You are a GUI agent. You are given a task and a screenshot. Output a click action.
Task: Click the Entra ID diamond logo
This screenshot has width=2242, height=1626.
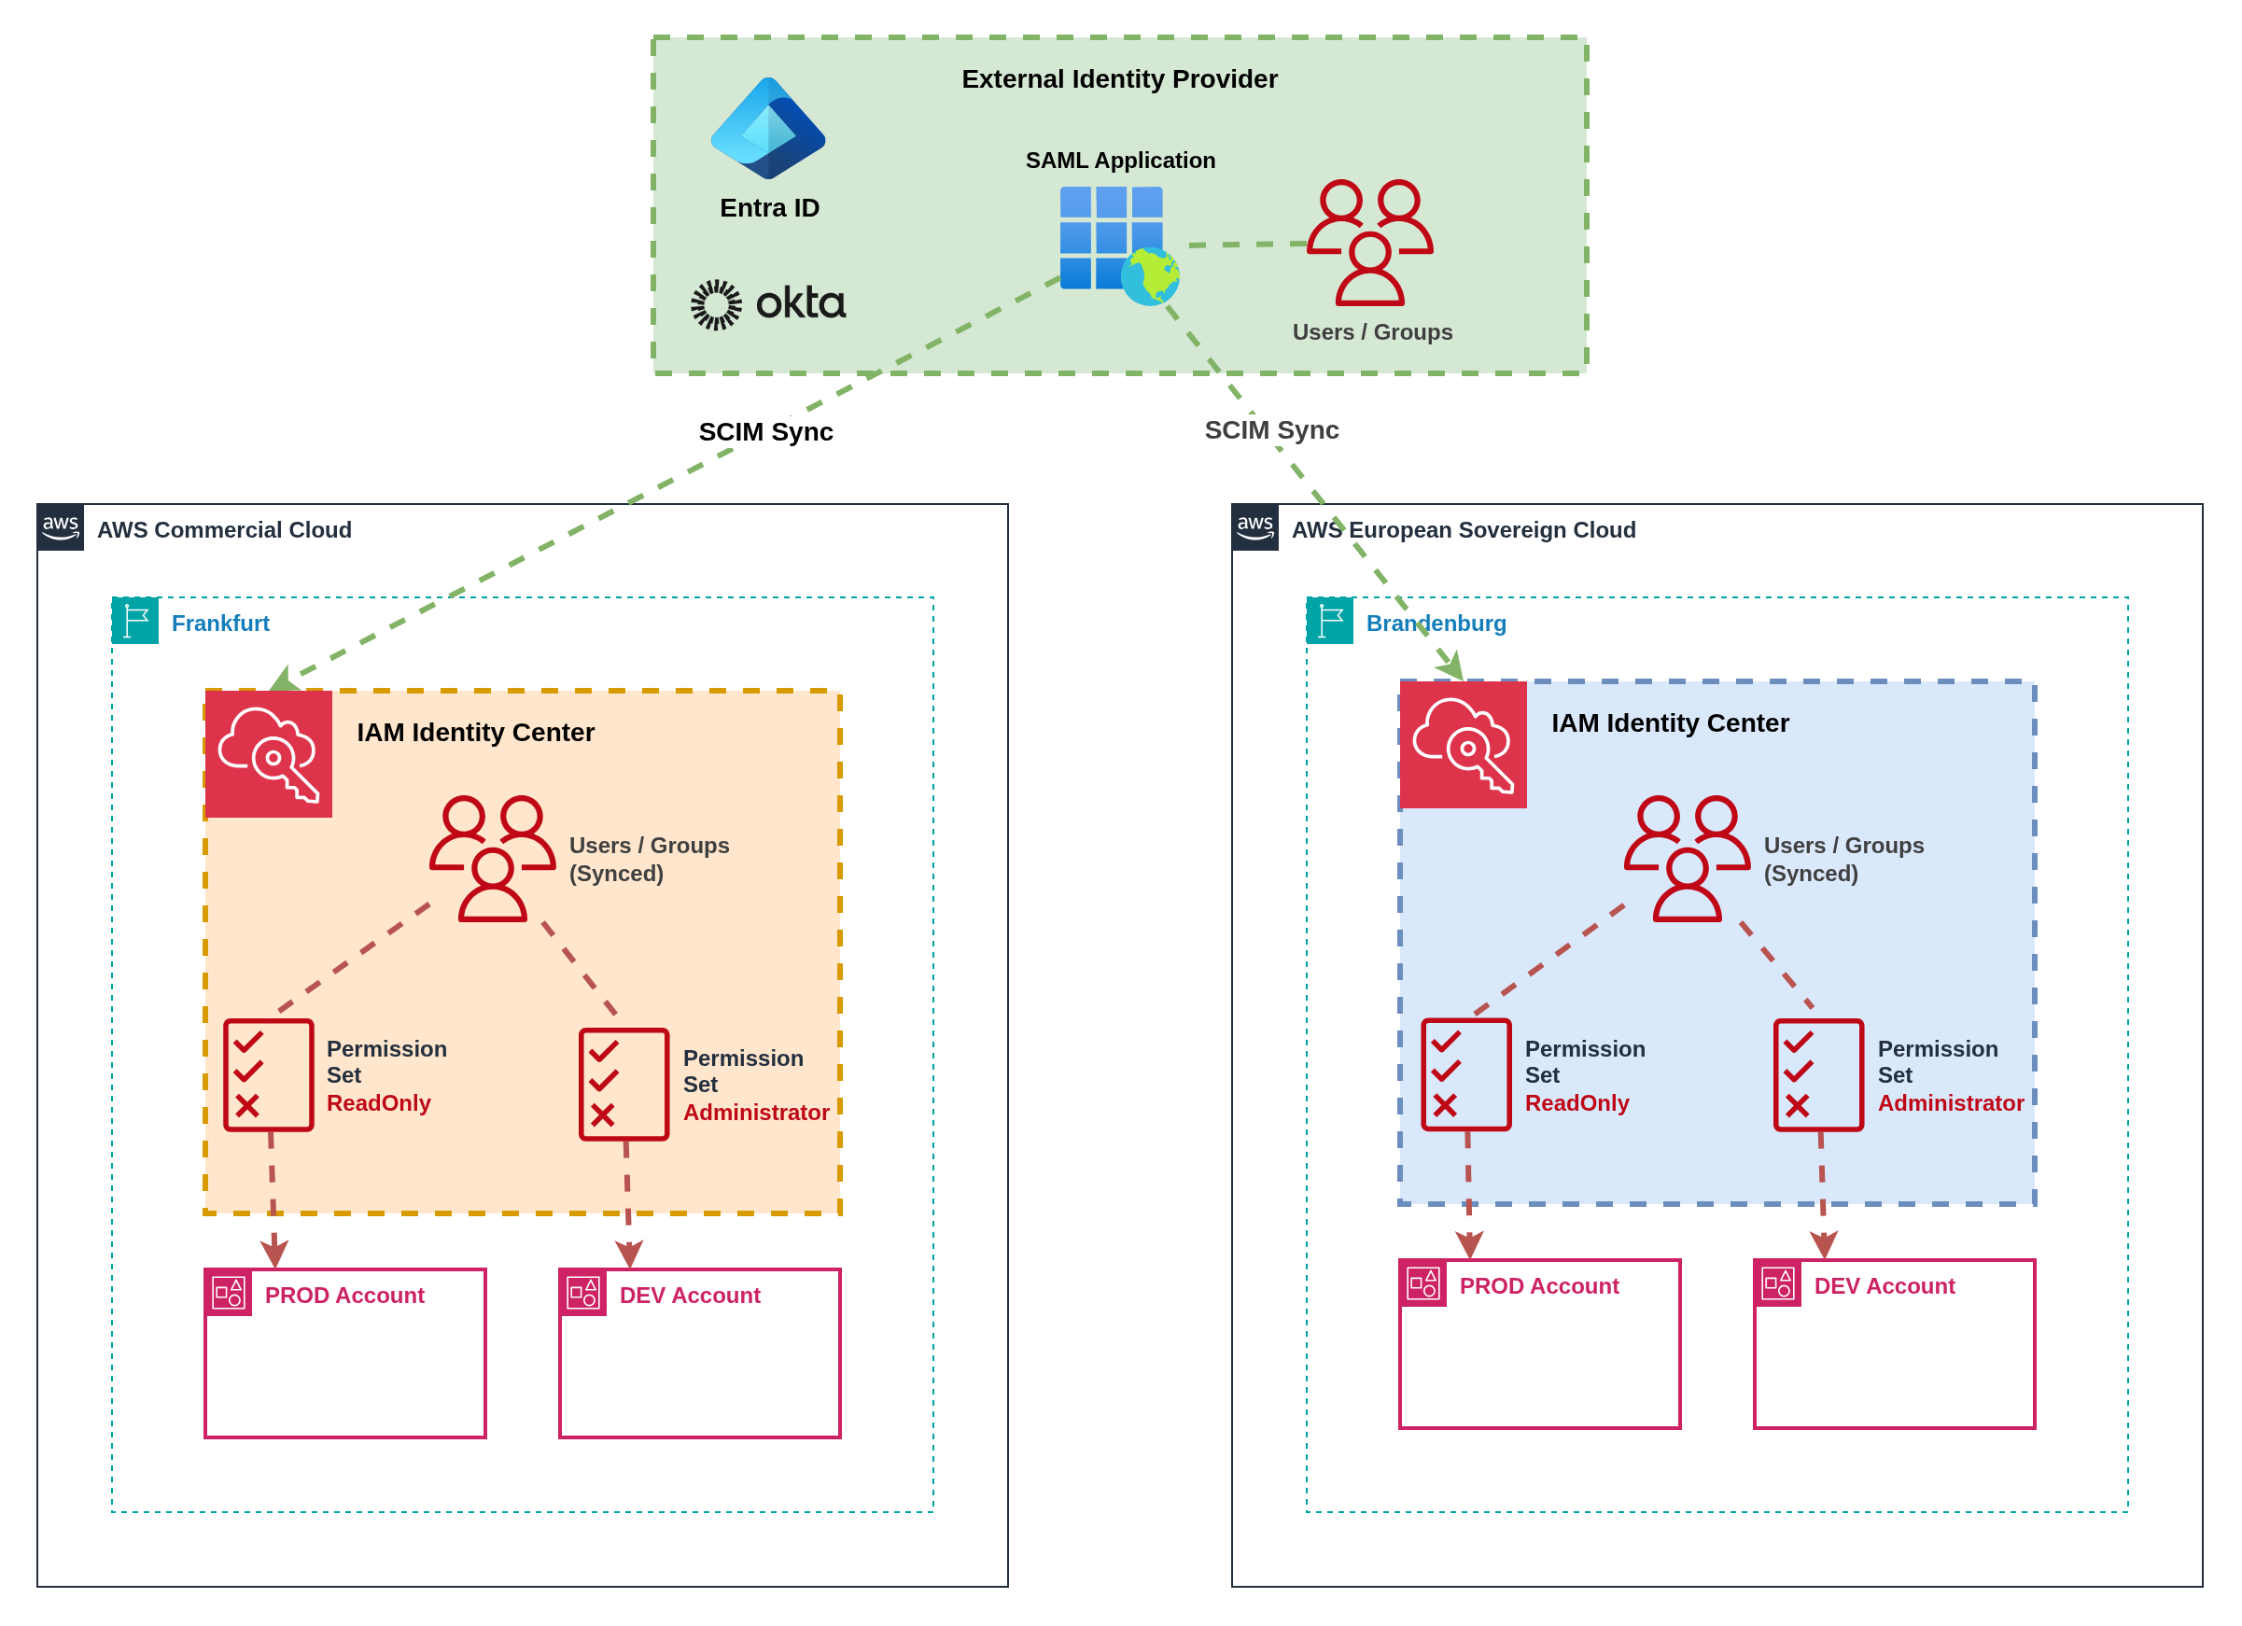point(767,129)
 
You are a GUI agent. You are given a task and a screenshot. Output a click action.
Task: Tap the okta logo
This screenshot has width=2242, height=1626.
point(768,303)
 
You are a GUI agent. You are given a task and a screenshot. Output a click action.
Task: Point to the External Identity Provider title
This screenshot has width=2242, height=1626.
point(1119,79)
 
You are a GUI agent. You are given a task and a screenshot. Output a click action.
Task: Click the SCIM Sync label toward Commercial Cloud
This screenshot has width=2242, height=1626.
point(765,432)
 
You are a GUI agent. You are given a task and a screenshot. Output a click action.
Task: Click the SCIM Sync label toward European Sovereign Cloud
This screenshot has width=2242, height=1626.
point(1271,430)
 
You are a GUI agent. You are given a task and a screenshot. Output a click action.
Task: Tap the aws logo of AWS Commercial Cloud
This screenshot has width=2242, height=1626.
point(61,526)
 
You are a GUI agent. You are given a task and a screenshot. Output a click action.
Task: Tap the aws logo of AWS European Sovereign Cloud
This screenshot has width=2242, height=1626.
point(1254,526)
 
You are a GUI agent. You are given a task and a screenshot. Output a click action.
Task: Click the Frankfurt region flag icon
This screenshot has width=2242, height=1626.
point(135,621)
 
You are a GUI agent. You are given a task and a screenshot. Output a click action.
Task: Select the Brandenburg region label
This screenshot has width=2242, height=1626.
point(1436,623)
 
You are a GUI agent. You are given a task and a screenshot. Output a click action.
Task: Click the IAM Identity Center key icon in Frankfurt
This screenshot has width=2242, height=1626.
point(269,753)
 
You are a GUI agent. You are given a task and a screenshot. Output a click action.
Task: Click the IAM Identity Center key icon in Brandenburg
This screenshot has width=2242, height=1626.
point(1463,744)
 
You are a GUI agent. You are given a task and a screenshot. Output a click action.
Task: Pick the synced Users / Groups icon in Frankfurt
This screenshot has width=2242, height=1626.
point(492,858)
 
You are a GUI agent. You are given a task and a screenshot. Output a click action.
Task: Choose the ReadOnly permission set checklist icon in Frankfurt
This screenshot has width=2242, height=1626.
point(268,1074)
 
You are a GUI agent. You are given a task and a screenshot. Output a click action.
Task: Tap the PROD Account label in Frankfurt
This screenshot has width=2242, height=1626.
point(344,1295)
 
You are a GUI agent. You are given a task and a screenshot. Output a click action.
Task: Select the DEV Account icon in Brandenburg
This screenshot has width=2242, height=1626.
point(1777,1283)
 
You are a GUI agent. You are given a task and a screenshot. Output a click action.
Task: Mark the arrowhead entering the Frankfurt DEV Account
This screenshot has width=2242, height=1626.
point(629,1254)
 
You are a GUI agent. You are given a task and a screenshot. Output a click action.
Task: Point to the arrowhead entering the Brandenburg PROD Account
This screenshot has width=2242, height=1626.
point(1469,1244)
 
